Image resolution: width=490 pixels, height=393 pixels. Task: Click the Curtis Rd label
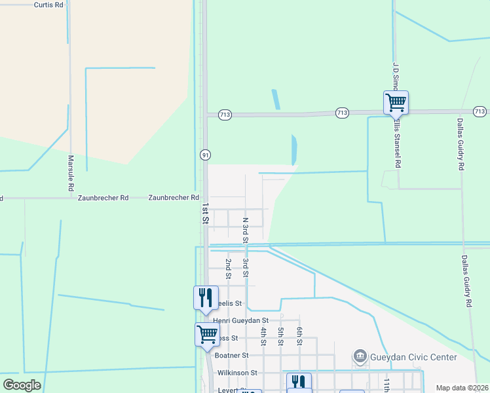tap(49, 4)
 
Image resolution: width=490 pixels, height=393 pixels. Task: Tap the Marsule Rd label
tap(71, 173)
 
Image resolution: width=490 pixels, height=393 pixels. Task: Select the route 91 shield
tap(205, 155)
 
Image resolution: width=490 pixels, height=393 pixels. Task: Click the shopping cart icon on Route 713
tap(396, 102)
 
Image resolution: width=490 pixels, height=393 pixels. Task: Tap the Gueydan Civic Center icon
tap(360, 357)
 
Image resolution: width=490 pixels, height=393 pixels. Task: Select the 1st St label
tap(205, 214)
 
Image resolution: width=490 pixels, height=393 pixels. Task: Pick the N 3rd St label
tap(245, 231)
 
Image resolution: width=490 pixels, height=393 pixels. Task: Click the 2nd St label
tap(229, 269)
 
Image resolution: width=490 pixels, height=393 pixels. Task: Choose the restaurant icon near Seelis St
tap(205, 297)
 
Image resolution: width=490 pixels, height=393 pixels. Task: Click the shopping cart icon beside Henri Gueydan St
tap(207, 334)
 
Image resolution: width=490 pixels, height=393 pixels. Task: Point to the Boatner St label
tap(232, 355)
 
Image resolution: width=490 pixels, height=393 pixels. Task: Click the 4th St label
tap(263, 336)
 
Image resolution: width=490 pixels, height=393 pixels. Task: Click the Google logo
tap(22, 384)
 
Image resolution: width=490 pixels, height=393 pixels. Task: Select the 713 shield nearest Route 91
tap(225, 115)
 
